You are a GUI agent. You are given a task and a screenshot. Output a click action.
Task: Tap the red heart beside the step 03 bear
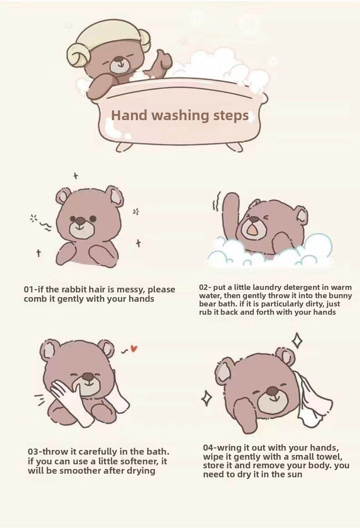134,349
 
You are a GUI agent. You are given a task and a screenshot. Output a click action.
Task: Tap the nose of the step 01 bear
81,220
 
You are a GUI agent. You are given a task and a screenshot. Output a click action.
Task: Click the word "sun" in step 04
295,474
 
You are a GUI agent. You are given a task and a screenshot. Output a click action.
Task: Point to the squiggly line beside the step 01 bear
45,226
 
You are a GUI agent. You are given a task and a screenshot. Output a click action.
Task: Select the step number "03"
32,452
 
